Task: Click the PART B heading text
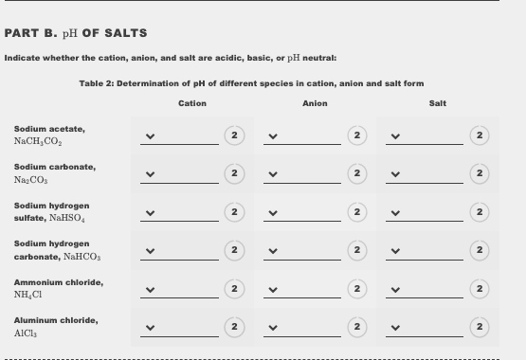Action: [x=76, y=33]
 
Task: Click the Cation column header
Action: [x=192, y=103]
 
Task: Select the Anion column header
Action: [x=315, y=103]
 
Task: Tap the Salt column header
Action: [x=437, y=103]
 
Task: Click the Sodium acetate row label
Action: [x=49, y=135]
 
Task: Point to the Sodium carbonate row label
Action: [x=54, y=172]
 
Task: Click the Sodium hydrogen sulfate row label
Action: [x=52, y=211]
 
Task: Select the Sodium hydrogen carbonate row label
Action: [x=52, y=250]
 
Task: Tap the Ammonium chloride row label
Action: [x=59, y=288]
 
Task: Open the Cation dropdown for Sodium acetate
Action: [x=180, y=136]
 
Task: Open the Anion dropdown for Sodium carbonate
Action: [x=302, y=174]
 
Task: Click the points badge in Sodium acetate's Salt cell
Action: [x=480, y=135]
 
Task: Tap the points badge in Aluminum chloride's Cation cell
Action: [x=233, y=327]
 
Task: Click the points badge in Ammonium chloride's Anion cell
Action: [x=356, y=289]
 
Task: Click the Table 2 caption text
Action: [x=251, y=83]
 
